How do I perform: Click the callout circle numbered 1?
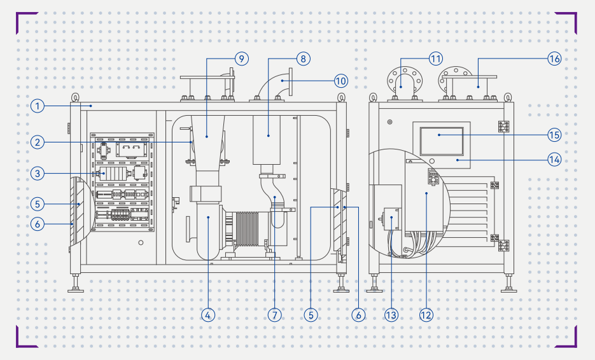point(38,106)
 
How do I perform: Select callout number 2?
point(38,142)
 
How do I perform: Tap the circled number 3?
point(38,173)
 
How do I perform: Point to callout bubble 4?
point(208,314)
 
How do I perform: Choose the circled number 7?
point(274,314)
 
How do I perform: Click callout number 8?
point(302,59)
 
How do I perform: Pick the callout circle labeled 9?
point(240,59)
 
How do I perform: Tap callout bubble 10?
point(341,81)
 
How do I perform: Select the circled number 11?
point(435,59)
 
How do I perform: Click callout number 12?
point(426,314)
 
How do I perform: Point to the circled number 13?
point(391,314)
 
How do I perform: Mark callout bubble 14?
point(554,160)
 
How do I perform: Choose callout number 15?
point(554,135)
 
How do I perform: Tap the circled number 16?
point(554,59)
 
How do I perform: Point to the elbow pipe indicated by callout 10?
point(271,84)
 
